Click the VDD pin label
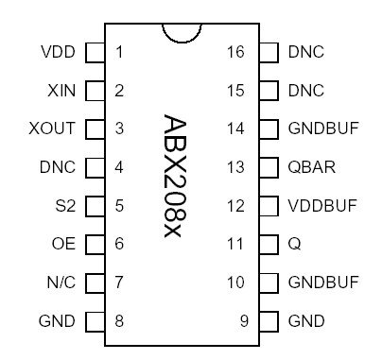tap(58, 51)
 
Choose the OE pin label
tap(64, 244)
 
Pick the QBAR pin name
tap(311, 167)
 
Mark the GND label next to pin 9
tap(307, 321)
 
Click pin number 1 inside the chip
tap(119, 51)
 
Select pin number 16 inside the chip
tap(236, 51)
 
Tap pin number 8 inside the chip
tap(119, 321)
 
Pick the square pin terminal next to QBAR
tap(269, 167)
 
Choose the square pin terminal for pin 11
tap(269, 244)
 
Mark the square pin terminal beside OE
tap(95, 244)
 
